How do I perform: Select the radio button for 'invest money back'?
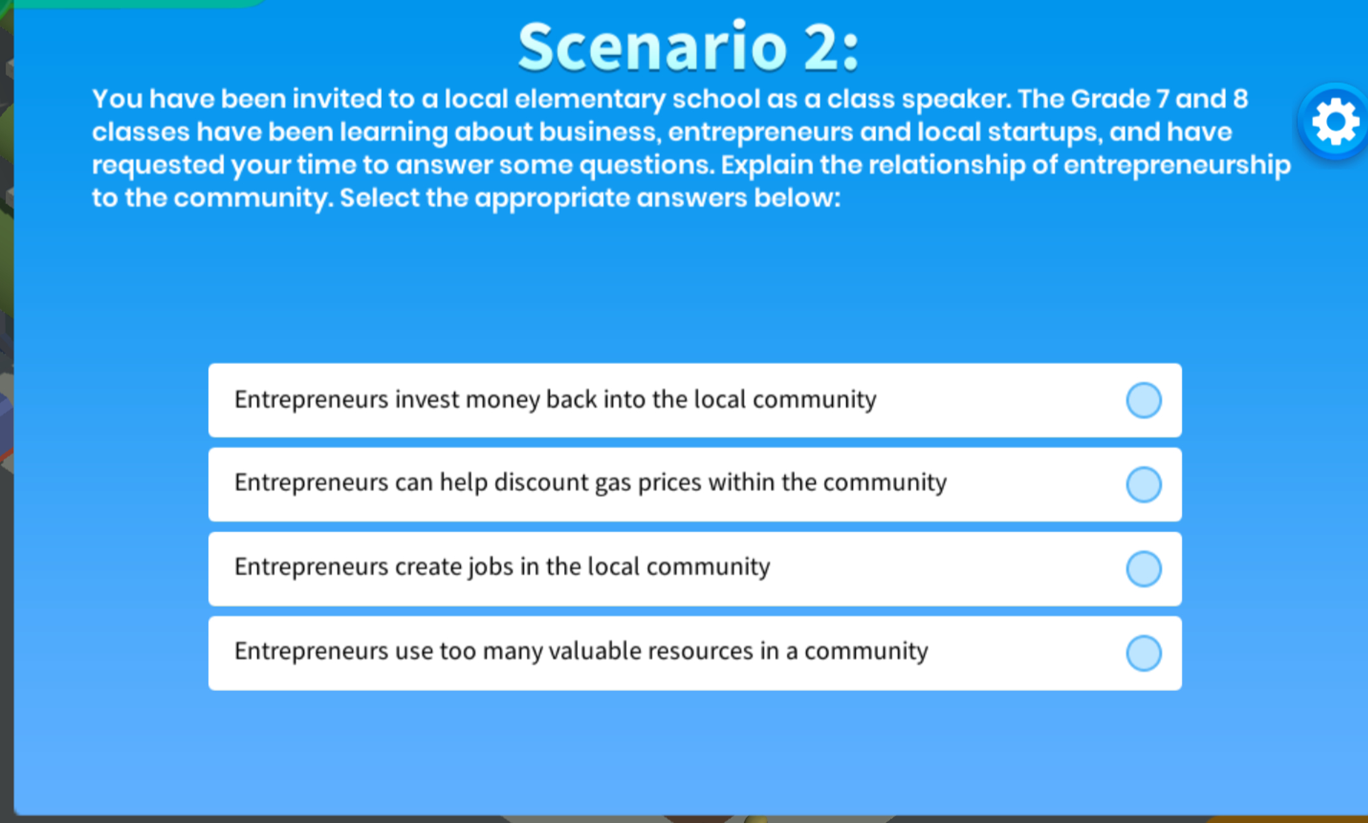1144,400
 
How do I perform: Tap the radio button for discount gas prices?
1144,484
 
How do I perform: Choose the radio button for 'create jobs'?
1144,569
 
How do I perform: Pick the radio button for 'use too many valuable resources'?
1144,653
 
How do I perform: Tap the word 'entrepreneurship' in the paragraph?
1177,165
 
